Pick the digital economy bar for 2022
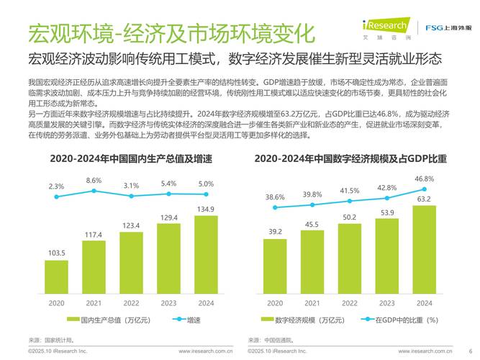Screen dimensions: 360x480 [x=350, y=257]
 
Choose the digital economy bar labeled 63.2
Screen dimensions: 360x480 [x=425, y=248]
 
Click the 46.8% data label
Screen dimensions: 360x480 [x=425, y=179]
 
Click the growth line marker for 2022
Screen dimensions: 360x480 [x=131, y=195]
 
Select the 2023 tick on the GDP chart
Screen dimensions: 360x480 [x=168, y=304]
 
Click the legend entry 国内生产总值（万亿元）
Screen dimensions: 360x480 [x=101, y=319]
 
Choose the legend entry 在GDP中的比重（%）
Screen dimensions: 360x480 [x=403, y=319]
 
